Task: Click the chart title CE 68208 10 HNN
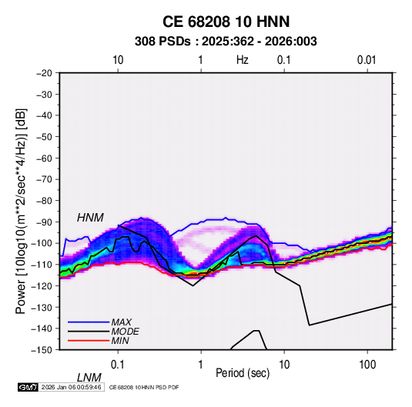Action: (226, 22)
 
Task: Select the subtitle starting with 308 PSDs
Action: (226, 42)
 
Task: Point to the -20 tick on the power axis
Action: (44, 73)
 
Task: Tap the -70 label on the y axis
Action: (44, 179)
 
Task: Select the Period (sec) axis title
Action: (243, 373)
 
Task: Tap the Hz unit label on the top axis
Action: (243, 60)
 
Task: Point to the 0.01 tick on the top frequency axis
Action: (367, 60)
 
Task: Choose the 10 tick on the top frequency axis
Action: (118, 60)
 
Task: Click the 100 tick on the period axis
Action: (367, 365)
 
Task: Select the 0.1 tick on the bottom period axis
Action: (118, 365)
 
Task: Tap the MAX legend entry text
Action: (122, 322)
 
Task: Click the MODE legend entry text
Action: (125, 332)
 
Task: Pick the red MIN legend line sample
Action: (89, 341)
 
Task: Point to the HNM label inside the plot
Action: (90, 218)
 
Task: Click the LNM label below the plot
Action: (89, 378)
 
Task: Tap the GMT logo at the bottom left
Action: (28, 387)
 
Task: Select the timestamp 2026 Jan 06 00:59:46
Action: (71, 387)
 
